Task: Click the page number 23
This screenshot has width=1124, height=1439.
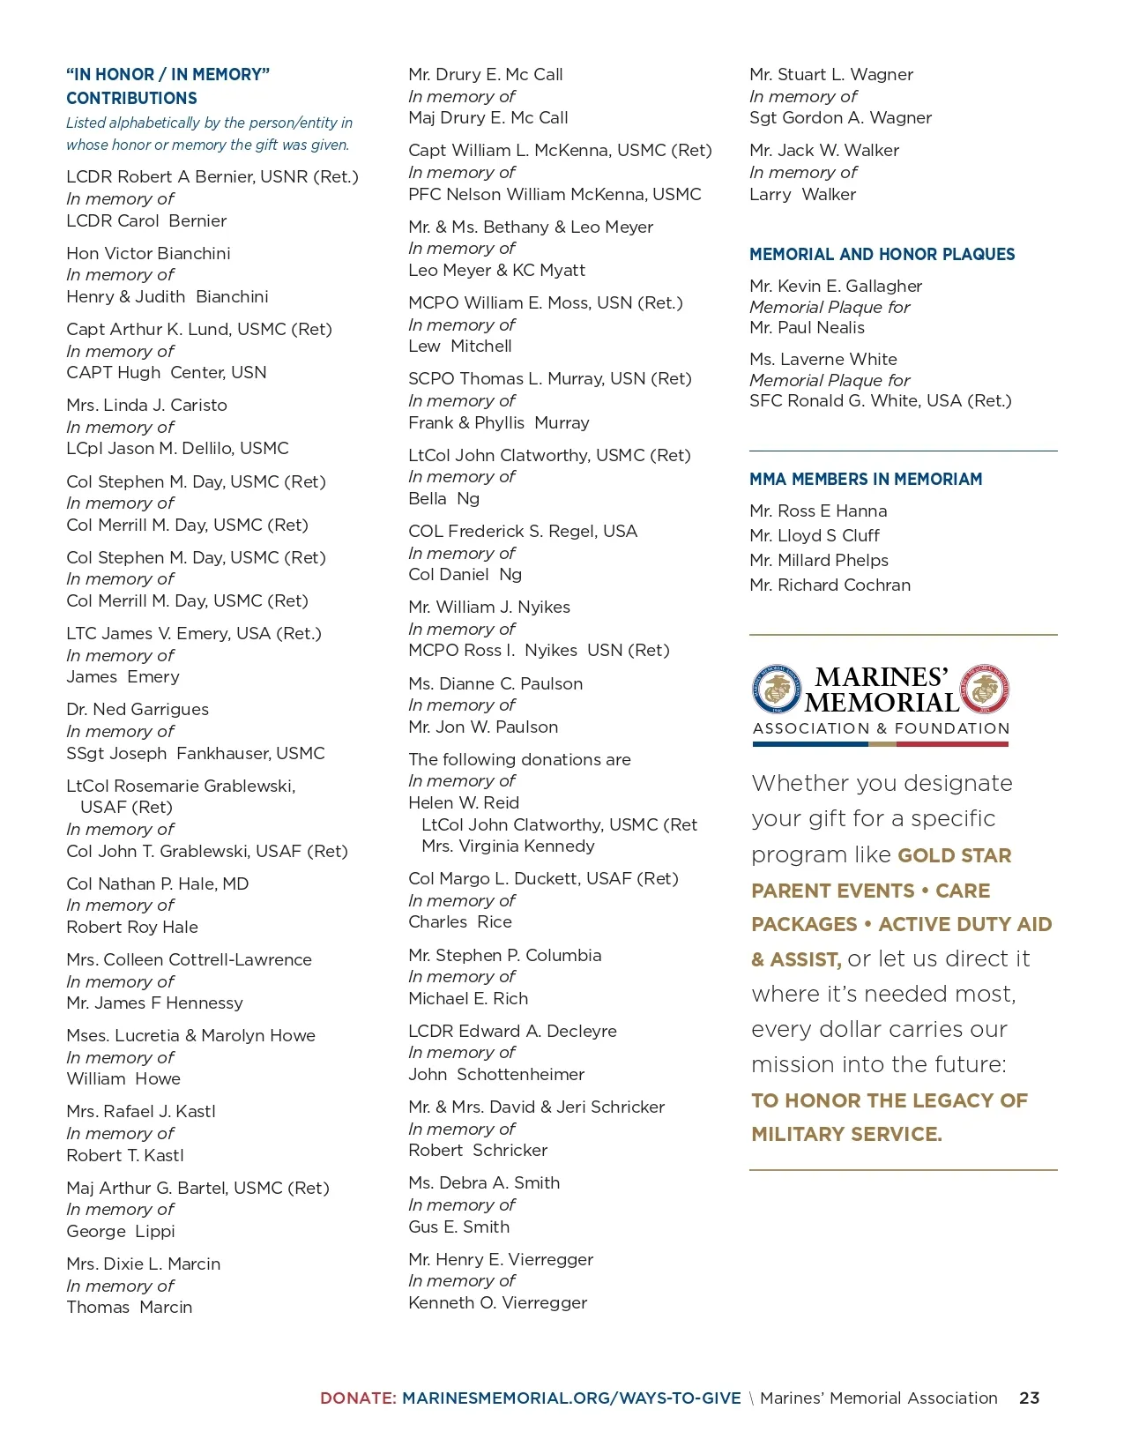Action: coord(1029,1398)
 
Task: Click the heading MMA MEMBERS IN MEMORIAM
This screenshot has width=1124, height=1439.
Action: coord(865,479)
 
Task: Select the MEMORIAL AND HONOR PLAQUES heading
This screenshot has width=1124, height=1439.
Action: coord(882,254)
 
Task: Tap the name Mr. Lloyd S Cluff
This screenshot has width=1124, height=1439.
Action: coord(814,535)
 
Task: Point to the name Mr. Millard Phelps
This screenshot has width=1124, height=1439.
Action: coord(818,560)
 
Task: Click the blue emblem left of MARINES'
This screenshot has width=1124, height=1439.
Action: coord(777,690)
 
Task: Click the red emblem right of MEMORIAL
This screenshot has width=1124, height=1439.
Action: coord(984,690)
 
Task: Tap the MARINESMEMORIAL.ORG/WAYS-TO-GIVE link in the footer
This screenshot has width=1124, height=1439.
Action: coord(571,1398)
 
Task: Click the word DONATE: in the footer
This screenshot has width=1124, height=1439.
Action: coord(358,1398)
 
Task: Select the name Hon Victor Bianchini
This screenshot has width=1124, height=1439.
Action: coord(148,253)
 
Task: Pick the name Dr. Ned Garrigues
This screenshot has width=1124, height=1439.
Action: coord(138,709)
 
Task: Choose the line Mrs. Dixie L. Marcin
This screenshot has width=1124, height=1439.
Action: coord(143,1264)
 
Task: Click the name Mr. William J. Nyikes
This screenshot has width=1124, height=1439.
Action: coord(488,607)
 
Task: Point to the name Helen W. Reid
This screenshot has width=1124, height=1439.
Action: coord(463,802)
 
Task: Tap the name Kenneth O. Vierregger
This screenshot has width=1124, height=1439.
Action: coord(497,1302)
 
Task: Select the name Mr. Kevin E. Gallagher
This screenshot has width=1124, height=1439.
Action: coord(835,286)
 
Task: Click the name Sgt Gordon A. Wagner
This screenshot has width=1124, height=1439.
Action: coord(839,117)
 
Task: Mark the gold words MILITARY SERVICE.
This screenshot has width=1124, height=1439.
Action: coord(846,1134)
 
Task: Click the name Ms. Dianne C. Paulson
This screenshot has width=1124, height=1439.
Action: coord(495,683)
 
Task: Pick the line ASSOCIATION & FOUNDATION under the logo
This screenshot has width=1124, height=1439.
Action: coord(881,728)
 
